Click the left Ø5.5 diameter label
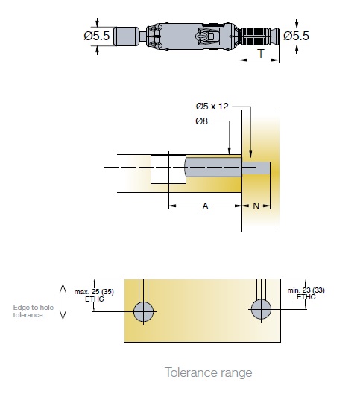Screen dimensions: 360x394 click(x=97, y=36)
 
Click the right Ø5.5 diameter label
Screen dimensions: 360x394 click(x=296, y=36)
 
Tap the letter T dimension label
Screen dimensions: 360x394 click(x=261, y=54)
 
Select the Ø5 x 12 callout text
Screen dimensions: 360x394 click(x=212, y=107)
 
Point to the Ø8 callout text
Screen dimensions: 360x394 click(x=202, y=121)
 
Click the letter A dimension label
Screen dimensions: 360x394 click(x=205, y=206)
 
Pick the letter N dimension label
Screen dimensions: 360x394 click(x=256, y=206)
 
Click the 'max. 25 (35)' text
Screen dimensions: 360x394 click(x=94, y=292)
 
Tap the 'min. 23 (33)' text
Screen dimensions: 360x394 click(x=306, y=290)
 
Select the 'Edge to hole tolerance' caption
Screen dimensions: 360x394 click(x=34, y=311)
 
